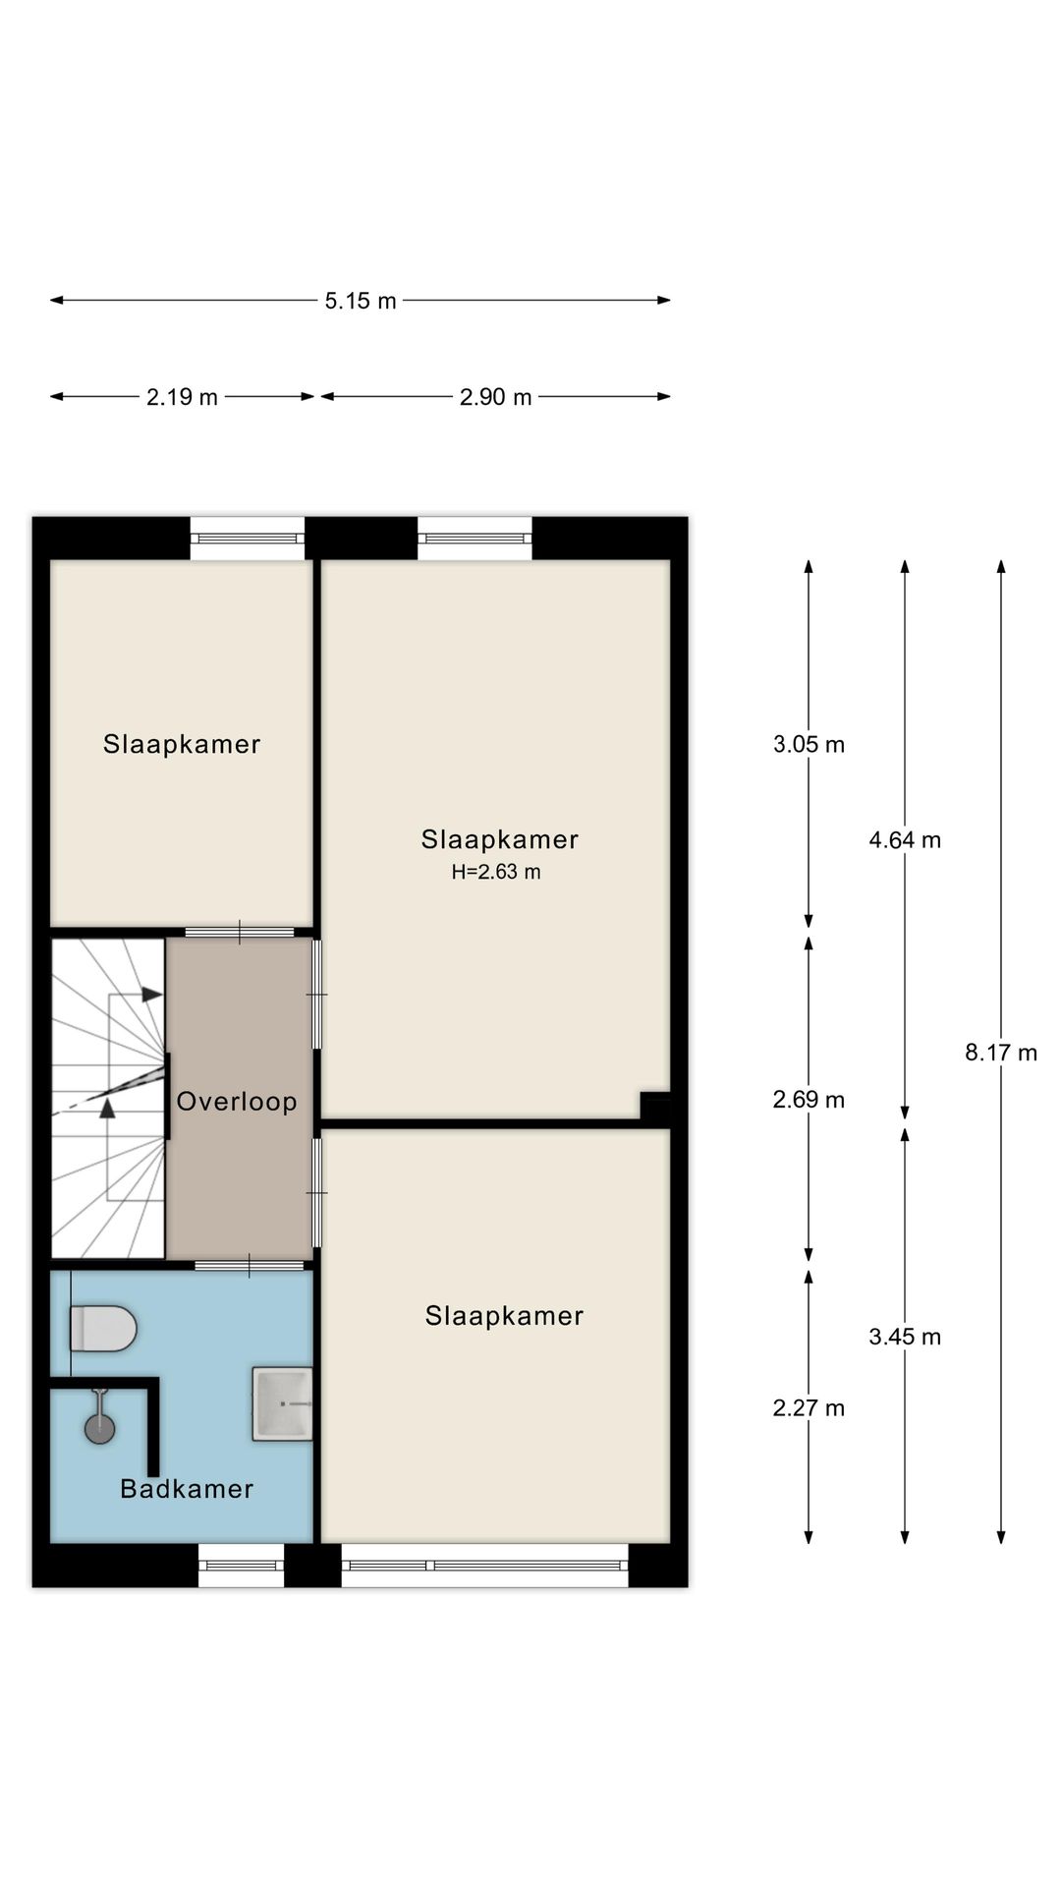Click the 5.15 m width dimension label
tap(361, 301)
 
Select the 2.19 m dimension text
tap(182, 397)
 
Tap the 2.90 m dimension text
tap(496, 397)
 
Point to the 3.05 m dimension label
tap(809, 744)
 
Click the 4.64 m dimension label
tap(905, 839)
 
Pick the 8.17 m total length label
tap(1001, 1053)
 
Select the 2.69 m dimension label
tap(809, 1099)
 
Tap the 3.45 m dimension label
tap(905, 1336)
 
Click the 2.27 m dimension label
tap(809, 1407)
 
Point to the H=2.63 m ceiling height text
tap(496, 872)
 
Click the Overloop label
tap(237, 1102)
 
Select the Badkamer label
tap(187, 1489)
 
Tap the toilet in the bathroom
tap(103, 1329)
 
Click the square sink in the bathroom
tap(282, 1403)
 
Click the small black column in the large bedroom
tap(655, 1106)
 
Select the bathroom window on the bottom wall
tap(242, 1565)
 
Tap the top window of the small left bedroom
tap(248, 539)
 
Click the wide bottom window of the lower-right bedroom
tap(484, 1565)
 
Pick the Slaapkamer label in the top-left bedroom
tap(182, 744)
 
